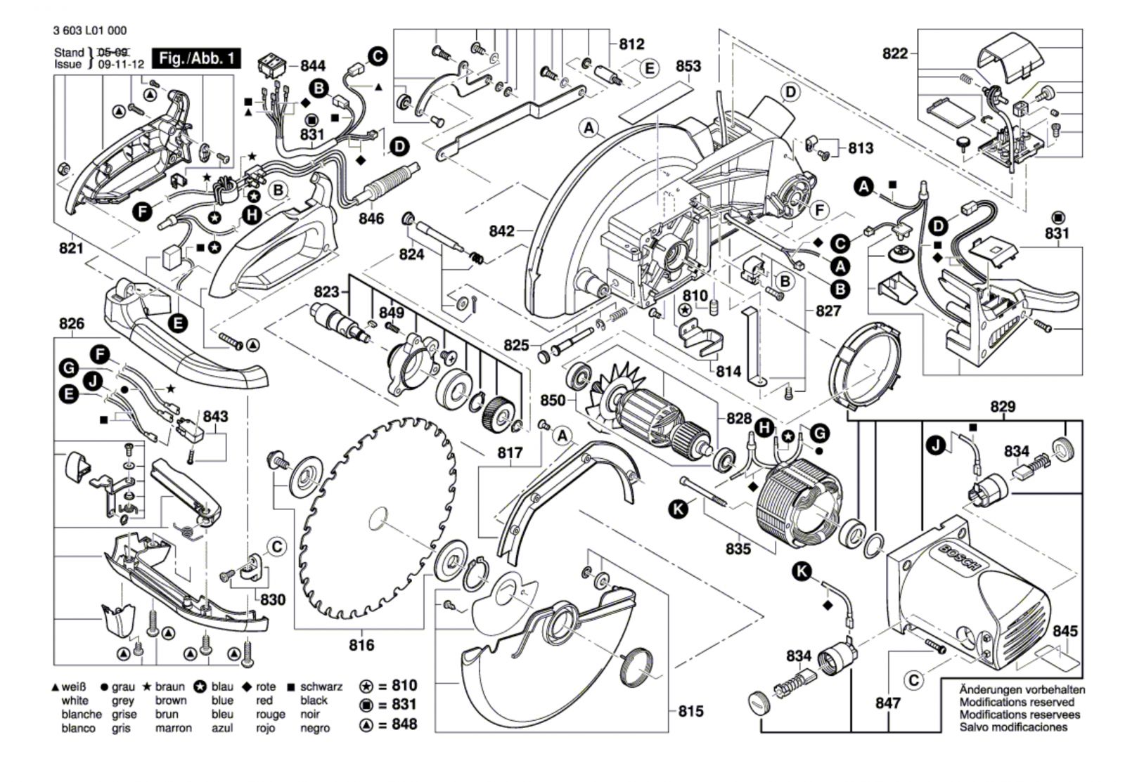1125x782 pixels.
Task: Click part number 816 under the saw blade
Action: (361, 644)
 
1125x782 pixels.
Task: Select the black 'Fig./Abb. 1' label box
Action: (197, 58)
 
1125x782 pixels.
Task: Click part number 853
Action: (688, 65)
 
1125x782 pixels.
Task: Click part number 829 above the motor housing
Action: (1003, 407)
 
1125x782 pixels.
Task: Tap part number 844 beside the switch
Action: (313, 65)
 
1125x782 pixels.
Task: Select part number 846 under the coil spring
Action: (371, 219)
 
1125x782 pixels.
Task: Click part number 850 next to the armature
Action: (553, 400)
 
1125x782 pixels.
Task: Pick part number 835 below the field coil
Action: (738, 549)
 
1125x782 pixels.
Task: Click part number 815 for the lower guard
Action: (690, 711)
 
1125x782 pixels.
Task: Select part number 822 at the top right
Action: (895, 53)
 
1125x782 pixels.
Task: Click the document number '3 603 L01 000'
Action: (89, 31)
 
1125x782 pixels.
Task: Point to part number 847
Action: (888, 703)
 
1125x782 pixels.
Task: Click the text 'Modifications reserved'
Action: (1017, 702)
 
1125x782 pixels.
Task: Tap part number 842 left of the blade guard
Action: (503, 230)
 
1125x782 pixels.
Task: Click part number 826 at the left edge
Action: (72, 323)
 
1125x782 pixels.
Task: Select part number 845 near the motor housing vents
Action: (1065, 631)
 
